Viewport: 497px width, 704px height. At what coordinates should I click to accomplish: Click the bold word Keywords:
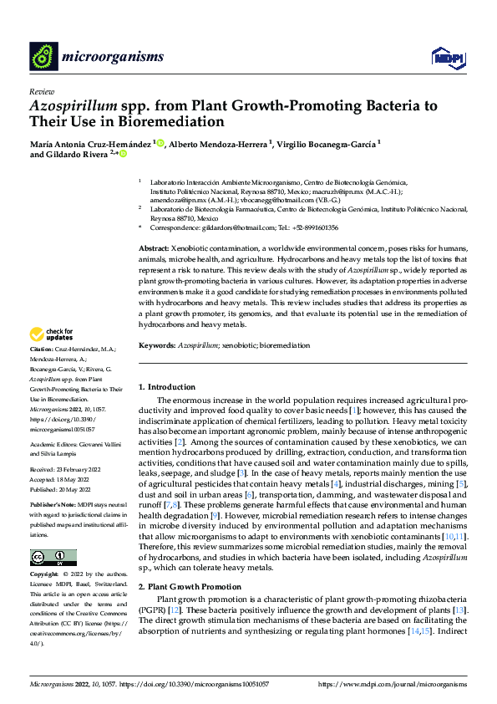click(158, 344)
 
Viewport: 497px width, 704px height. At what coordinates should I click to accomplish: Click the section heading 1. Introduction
click(167, 387)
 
